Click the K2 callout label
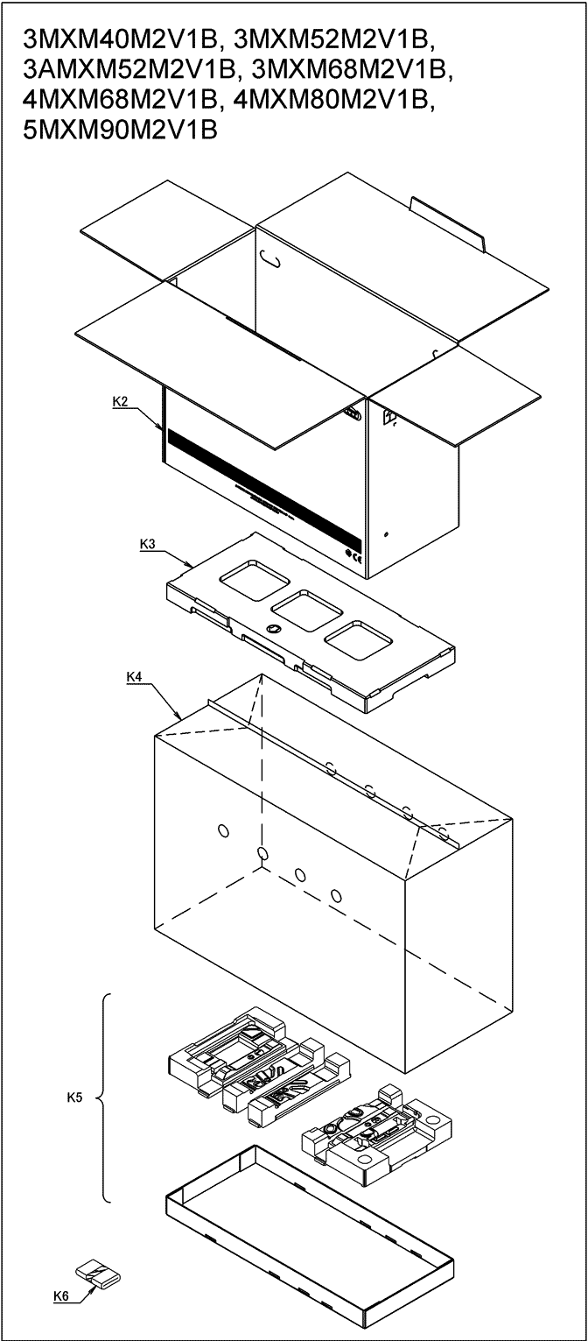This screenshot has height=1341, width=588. coord(121,402)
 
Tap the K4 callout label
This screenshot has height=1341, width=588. coord(134,676)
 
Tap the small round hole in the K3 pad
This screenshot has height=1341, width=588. coord(274,629)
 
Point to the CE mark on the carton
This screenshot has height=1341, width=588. coord(353,554)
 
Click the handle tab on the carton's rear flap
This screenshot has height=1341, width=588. coord(448,222)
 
